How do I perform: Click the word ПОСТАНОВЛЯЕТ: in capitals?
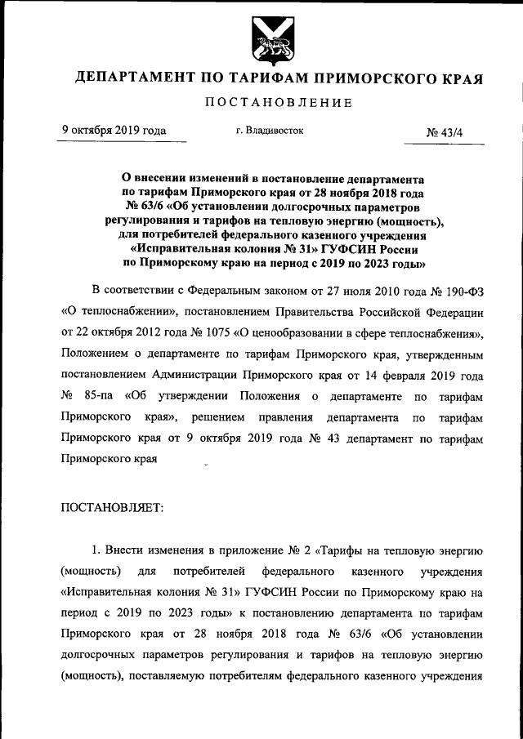pos(112,508)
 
